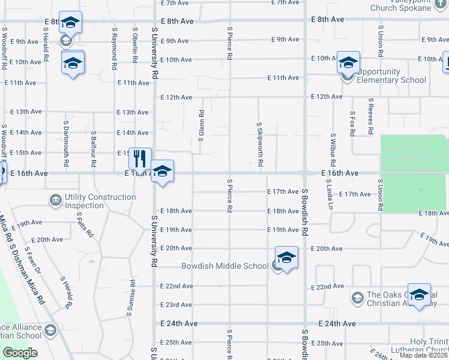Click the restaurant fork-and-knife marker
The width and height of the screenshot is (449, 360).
point(139,159)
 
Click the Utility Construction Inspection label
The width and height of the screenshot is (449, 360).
point(100,201)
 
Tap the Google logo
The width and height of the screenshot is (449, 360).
point(20,353)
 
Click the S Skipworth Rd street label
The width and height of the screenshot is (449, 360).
point(259,145)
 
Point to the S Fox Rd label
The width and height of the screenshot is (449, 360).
point(352,123)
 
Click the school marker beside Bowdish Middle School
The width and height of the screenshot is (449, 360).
point(287,257)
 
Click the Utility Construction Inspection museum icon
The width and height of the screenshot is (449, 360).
point(56,199)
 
